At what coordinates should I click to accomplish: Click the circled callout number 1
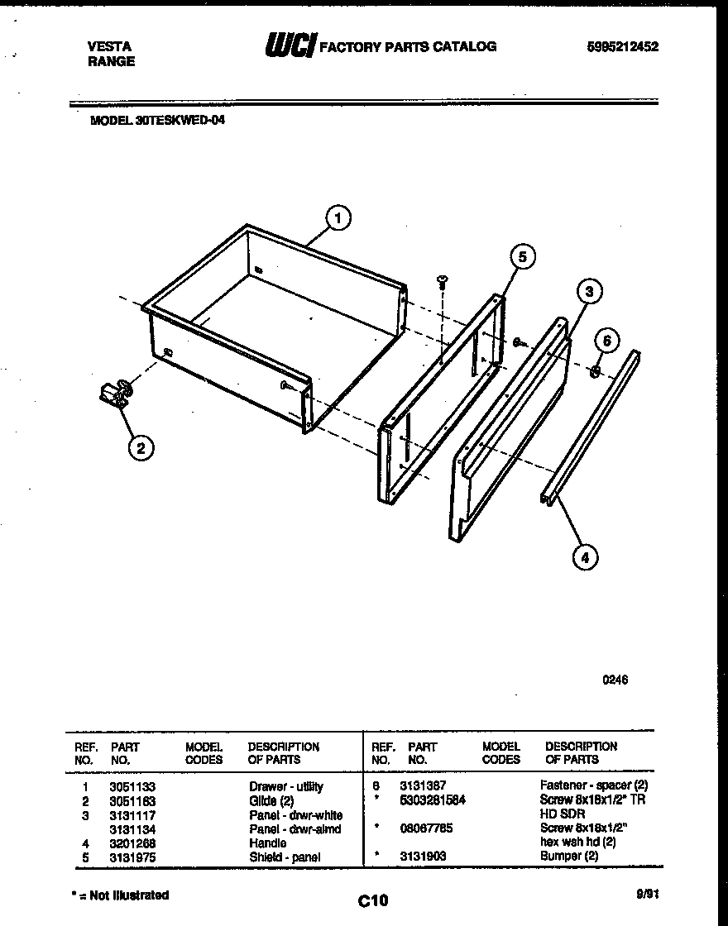(x=337, y=218)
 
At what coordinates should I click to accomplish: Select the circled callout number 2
(x=140, y=448)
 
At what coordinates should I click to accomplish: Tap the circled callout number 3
(x=588, y=290)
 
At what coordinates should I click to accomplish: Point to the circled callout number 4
(x=585, y=557)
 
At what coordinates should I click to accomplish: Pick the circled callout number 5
(x=522, y=256)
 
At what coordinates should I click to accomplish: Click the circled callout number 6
(x=607, y=341)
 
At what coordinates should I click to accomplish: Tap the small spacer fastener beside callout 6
(x=594, y=372)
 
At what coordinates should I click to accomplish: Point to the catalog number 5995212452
(x=621, y=47)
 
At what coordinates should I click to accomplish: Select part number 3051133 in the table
(x=132, y=786)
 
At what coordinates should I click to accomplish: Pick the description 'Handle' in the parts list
(x=268, y=842)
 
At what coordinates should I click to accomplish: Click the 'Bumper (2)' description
(x=569, y=856)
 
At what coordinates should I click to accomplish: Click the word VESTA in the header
(x=108, y=47)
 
